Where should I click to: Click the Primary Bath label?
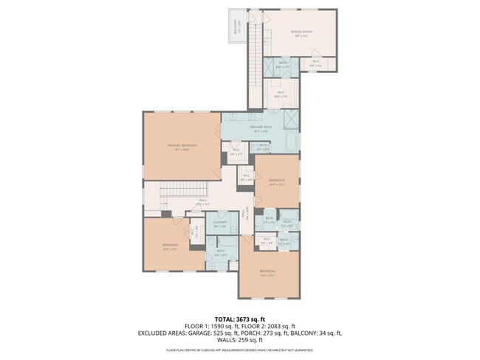tap(261, 128)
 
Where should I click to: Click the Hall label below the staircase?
tap(202, 200)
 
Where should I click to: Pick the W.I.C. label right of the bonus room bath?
tap(315, 63)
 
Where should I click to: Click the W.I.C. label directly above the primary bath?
tap(281, 94)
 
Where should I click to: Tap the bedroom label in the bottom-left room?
tap(170, 246)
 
